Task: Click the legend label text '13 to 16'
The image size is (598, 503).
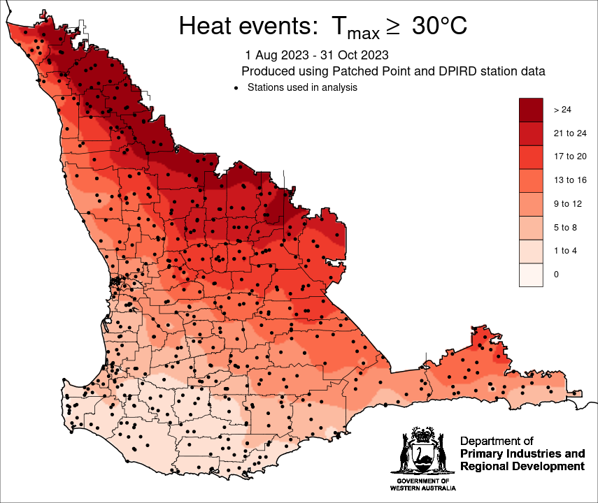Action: (x=569, y=180)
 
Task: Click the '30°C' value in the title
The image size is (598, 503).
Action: (x=439, y=26)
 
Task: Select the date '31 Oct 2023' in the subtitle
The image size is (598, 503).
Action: (x=353, y=54)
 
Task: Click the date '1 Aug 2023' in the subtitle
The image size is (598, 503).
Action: (x=276, y=54)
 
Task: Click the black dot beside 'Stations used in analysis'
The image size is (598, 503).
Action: (x=236, y=88)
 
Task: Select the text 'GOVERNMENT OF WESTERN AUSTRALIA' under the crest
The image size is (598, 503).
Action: (x=422, y=485)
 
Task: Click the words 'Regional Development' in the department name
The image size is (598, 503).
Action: (x=522, y=466)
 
